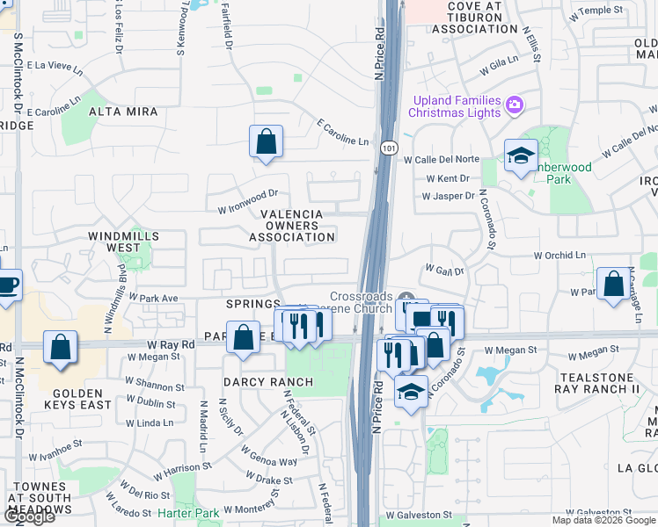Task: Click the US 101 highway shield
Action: point(388,148)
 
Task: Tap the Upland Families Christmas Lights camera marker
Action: point(515,106)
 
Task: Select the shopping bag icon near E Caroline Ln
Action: point(266,141)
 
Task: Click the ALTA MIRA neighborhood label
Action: point(123,112)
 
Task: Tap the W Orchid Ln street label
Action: point(559,256)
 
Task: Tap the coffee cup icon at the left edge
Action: point(7,286)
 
